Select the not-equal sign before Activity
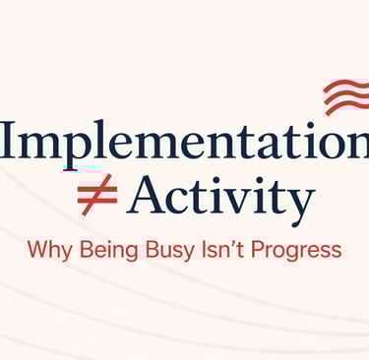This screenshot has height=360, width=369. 97,195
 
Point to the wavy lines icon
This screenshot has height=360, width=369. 346,95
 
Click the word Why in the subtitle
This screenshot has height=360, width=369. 49,251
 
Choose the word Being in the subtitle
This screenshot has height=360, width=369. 109,251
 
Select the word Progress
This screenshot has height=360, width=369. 296,251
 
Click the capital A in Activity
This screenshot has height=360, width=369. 146,195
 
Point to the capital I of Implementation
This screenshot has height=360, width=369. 9,139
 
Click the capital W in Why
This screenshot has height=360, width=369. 37,249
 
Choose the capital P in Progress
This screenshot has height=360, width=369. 258,249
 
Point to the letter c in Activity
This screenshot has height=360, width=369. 176,201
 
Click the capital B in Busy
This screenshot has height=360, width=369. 153,249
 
